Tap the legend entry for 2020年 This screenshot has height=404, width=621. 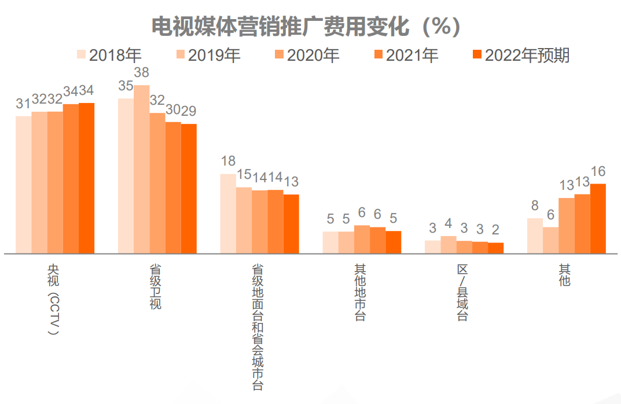click(307, 55)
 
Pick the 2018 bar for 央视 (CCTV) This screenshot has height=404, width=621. click(24, 185)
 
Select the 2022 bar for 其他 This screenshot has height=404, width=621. click(598, 218)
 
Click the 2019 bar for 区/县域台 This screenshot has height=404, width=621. click(449, 245)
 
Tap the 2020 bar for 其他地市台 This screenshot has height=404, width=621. click(362, 239)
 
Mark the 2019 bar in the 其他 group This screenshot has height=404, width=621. click(550, 240)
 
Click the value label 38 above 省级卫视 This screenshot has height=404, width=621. click(142, 73)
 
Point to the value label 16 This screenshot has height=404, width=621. click(598, 171)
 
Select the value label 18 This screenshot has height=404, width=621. click(228, 161)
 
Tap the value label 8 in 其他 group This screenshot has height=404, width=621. click(535, 205)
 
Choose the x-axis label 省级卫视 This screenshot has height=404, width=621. click(156, 287)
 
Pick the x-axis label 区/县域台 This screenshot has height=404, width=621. click(462, 293)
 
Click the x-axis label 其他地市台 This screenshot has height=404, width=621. click(360, 293)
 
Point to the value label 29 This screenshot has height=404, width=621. click(189, 111)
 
